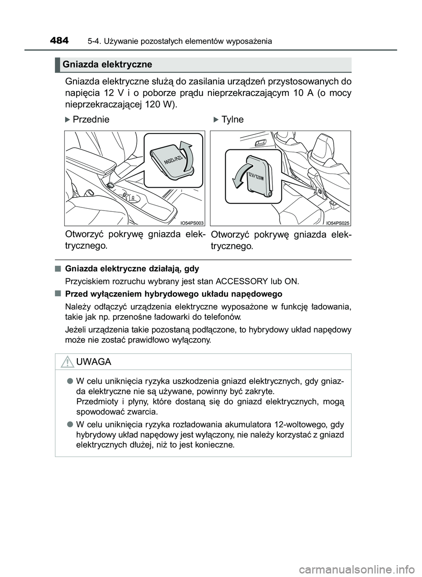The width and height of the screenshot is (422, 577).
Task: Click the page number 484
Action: pos(59,40)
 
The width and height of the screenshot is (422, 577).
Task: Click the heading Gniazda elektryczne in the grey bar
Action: pos(107,65)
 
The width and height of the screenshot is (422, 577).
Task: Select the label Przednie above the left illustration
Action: pos(91,119)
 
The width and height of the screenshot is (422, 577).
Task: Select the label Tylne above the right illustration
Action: pos(233,119)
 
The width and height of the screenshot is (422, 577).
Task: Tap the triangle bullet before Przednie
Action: pos(67,119)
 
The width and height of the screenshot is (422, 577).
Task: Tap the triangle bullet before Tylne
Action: pos(215,119)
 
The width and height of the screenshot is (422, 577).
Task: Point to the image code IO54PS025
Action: pos(338,223)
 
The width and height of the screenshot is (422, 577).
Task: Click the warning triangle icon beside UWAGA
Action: pos(67,362)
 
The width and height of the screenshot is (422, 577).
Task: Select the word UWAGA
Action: pos(94,362)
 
